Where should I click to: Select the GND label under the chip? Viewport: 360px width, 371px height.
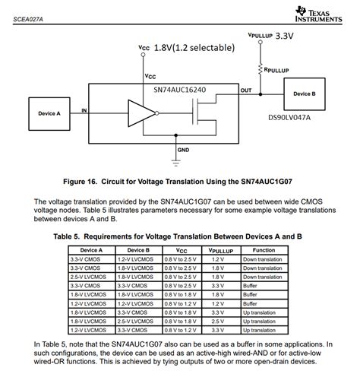click(x=183, y=150)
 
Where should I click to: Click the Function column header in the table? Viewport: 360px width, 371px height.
click(x=264, y=250)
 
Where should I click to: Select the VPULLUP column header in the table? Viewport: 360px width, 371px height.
click(x=220, y=250)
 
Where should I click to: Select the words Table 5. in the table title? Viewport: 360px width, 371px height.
click(x=72, y=236)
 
